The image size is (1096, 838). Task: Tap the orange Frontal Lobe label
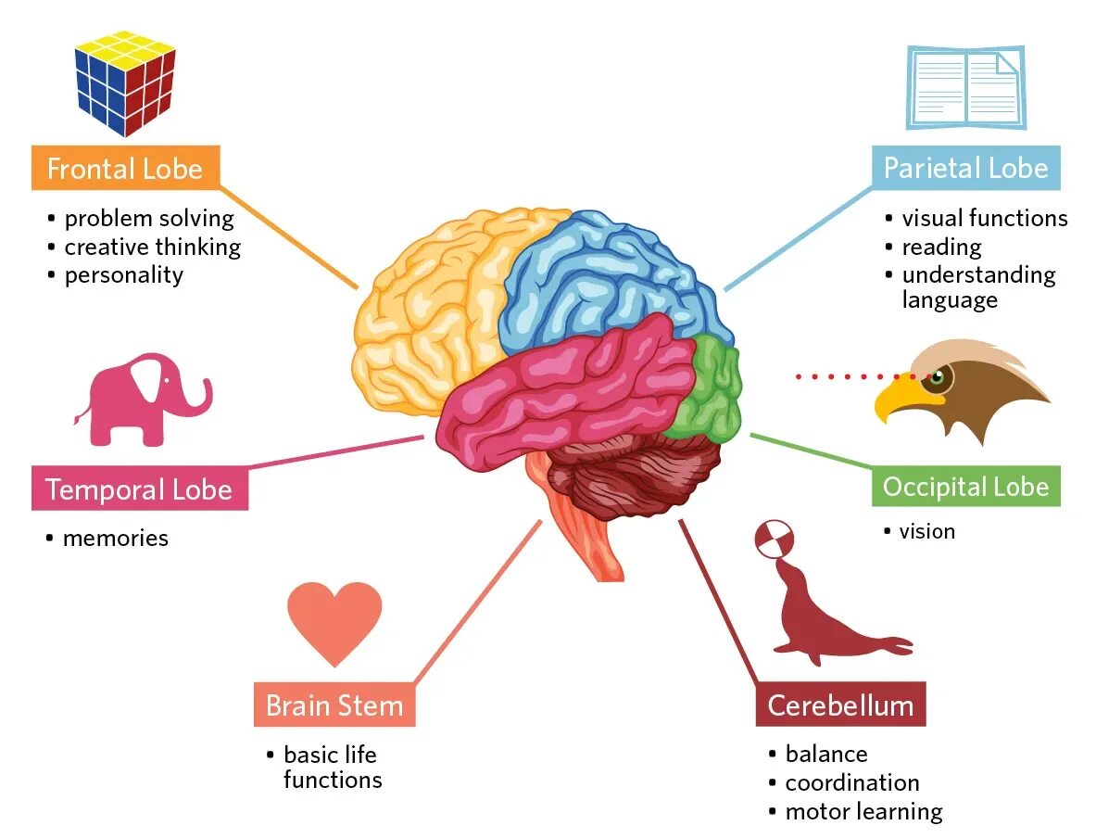coord(125,169)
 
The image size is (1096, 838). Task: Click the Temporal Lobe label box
coord(139,489)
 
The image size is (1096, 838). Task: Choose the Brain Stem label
coord(334,705)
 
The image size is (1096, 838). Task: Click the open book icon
coord(966,87)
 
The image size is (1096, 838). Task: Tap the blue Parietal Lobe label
coord(965,168)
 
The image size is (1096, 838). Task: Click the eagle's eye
coord(938,377)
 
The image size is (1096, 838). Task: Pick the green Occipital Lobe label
coord(965,487)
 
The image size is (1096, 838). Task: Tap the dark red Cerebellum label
coord(840,705)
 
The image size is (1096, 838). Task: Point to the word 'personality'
coord(124,274)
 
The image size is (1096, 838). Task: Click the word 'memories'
coord(116,538)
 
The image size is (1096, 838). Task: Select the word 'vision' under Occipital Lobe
coord(926,531)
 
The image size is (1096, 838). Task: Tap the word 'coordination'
coord(852,782)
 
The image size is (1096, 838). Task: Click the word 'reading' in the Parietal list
coord(941,247)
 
